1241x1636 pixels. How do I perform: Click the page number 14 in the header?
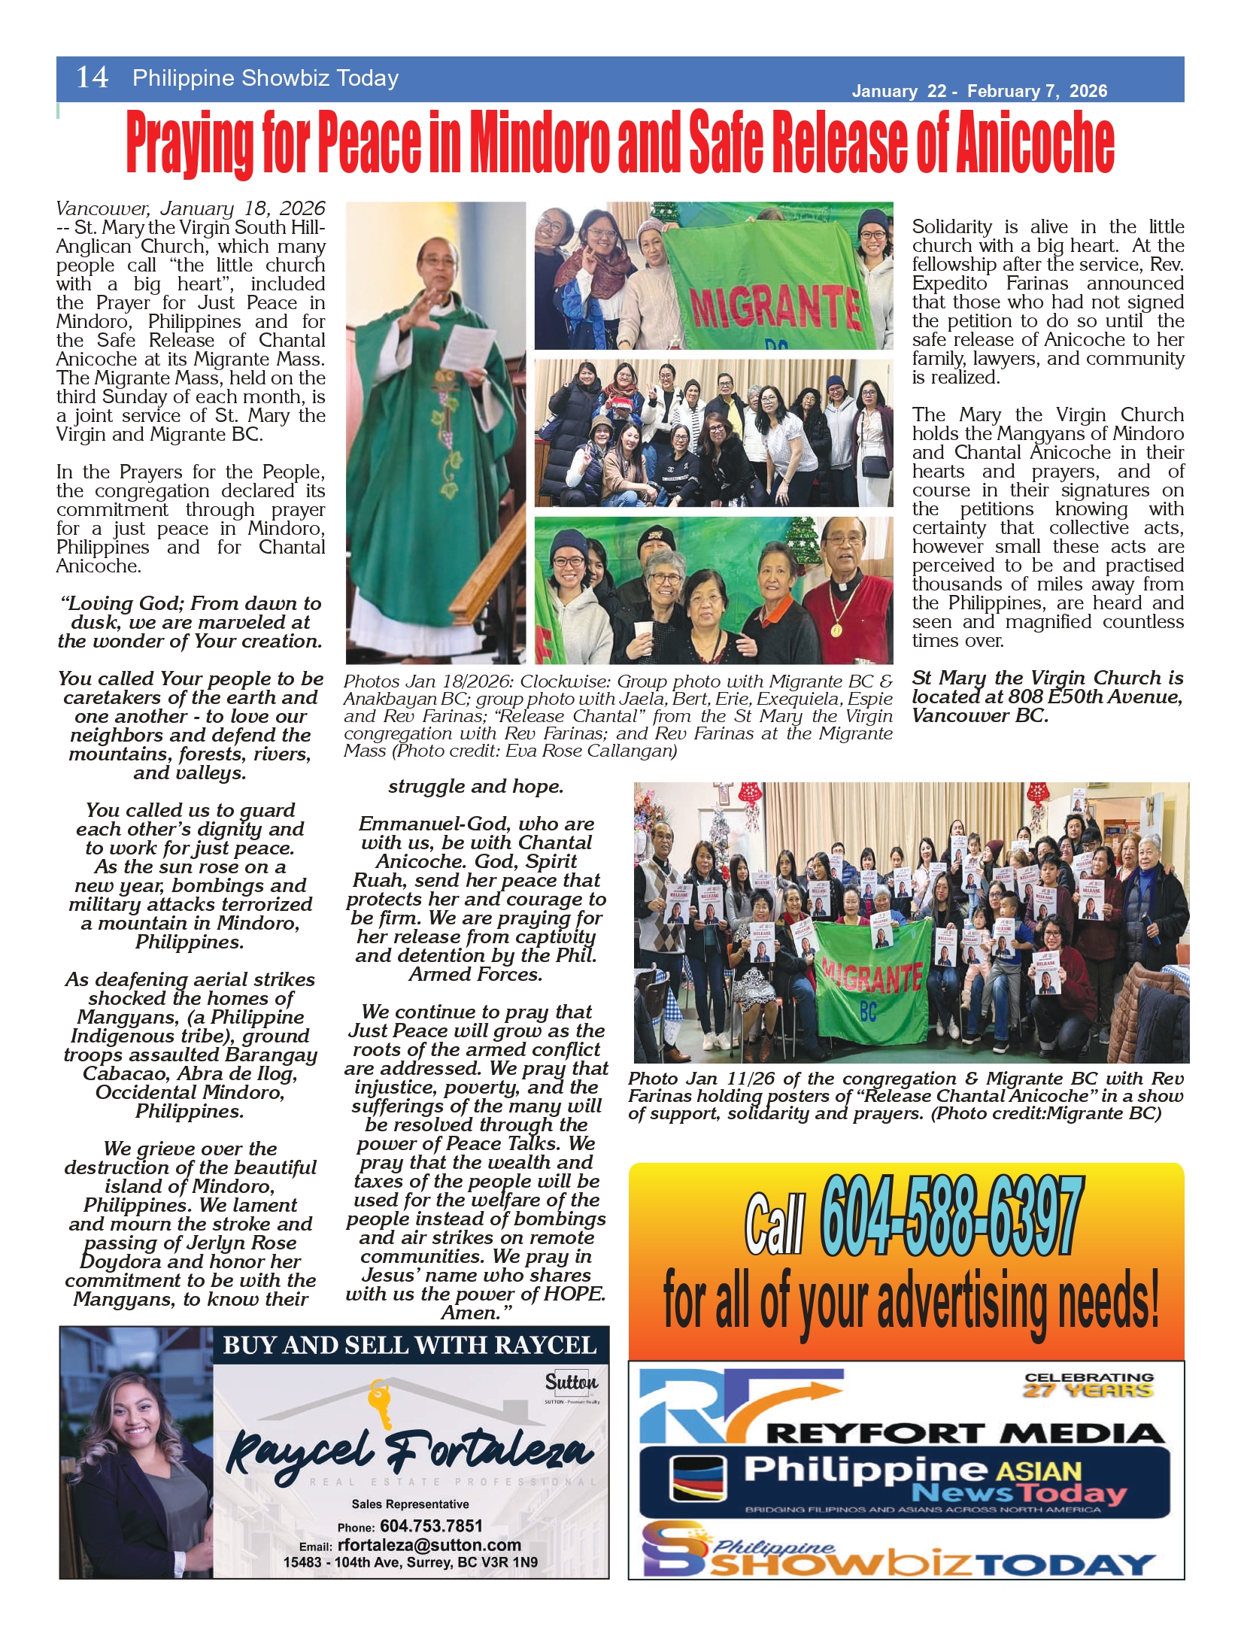92,77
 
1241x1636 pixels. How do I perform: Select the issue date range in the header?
979,92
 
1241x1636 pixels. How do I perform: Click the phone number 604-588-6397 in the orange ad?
951,1216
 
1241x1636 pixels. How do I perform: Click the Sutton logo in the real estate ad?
572,1383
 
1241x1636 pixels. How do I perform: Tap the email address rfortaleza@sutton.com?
429,1545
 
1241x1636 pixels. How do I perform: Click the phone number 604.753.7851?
431,1525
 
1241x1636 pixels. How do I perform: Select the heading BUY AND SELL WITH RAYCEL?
410,1346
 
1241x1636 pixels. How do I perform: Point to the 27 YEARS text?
1088,1391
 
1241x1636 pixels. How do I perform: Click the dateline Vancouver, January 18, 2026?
190,208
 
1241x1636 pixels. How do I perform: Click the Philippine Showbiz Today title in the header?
265,78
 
